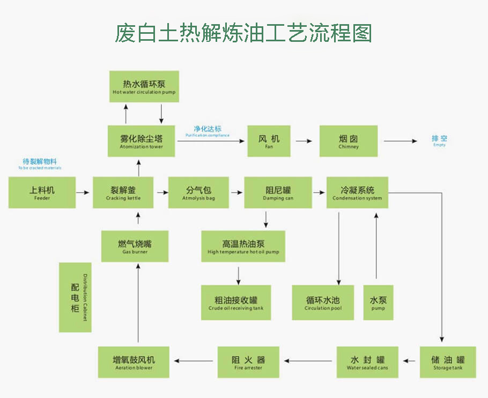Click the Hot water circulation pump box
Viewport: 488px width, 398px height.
click(x=144, y=86)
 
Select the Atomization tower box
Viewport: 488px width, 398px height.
click(x=142, y=141)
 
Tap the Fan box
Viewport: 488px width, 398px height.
click(x=269, y=141)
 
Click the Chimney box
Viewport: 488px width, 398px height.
click(x=349, y=141)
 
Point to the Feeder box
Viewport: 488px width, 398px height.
click(x=41, y=193)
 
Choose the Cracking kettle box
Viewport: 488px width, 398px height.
click(x=123, y=193)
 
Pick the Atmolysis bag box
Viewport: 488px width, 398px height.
click(x=198, y=193)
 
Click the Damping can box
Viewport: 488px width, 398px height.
click(x=278, y=193)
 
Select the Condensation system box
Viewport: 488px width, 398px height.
click(x=357, y=193)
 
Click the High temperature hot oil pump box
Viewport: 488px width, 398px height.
click(x=243, y=246)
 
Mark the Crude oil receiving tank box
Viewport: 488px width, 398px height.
click(x=236, y=303)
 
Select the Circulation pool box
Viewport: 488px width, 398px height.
click(x=323, y=303)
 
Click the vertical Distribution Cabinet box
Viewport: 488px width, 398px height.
click(x=75, y=297)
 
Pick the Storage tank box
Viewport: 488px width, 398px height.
click(x=448, y=362)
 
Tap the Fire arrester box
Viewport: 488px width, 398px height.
click(x=248, y=362)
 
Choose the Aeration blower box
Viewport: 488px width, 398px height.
click(x=134, y=362)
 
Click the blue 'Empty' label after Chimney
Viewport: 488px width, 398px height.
click(x=439, y=141)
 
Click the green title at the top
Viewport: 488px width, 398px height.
click(x=243, y=33)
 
